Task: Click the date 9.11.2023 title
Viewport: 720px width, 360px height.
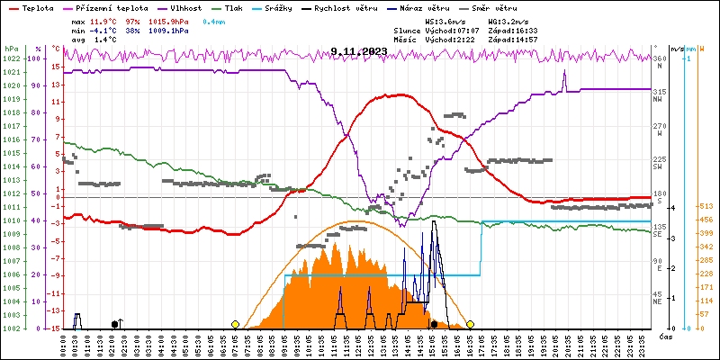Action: click(x=359, y=51)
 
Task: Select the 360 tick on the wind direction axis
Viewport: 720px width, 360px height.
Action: click(x=659, y=58)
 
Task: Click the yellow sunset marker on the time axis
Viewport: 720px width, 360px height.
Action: click(x=470, y=324)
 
